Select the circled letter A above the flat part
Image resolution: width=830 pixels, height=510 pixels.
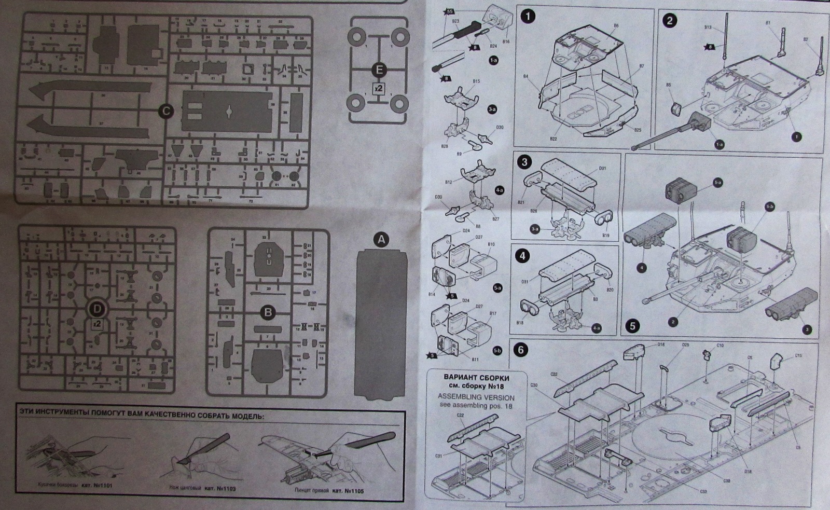(x=381, y=240)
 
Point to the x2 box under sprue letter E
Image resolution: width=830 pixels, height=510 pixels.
(x=379, y=88)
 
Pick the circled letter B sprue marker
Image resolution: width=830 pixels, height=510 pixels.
(x=268, y=312)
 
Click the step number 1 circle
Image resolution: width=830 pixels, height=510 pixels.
(x=528, y=17)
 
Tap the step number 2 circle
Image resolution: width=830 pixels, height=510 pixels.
(x=670, y=21)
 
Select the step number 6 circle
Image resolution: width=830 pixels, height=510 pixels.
(x=520, y=350)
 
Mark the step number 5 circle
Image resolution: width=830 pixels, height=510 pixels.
(x=632, y=326)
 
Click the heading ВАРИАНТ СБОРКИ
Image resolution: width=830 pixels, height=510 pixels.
(x=477, y=378)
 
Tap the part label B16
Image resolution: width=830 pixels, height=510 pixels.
(x=506, y=42)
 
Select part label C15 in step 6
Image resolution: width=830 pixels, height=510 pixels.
(x=798, y=356)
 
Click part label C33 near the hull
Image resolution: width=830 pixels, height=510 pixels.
(x=703, y=491)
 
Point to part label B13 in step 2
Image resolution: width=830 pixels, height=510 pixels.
(x=708, y=27)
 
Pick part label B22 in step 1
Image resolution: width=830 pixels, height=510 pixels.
(x=554, y=139)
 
